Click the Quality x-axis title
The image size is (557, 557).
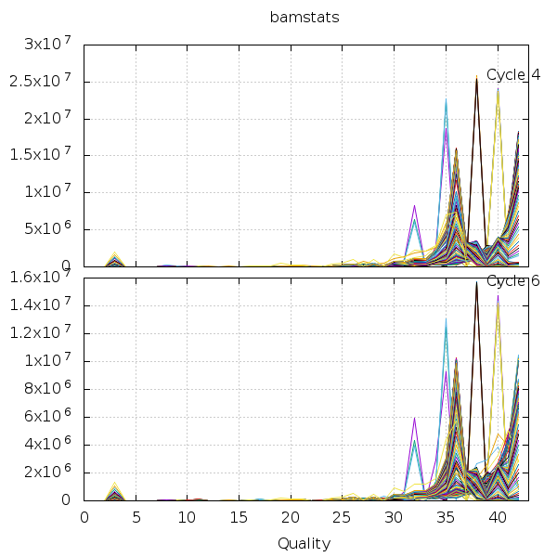(303, 543)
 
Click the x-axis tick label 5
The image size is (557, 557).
(136, 517)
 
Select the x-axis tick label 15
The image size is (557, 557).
(240, 517)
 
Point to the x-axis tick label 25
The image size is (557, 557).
(343, 517)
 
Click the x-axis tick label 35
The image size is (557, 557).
(446, 517)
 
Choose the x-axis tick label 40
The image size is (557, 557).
(498, 517)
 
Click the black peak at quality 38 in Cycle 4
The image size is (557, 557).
(476, 82)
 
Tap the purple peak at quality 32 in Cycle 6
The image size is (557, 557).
(414, 419)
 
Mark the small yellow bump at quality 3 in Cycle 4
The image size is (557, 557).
(115, 254)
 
